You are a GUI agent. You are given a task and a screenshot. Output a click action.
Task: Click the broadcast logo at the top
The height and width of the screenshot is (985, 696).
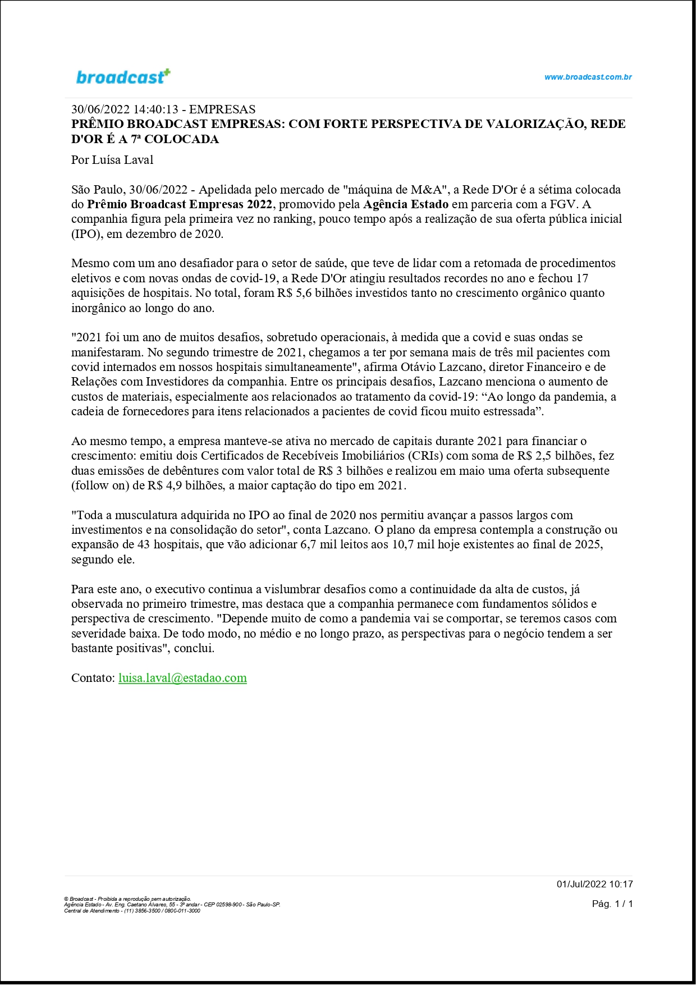123,76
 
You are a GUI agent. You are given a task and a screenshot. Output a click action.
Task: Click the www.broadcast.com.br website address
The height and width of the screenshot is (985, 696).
588,77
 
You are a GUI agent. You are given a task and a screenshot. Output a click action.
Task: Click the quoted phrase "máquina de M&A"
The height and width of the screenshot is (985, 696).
393,190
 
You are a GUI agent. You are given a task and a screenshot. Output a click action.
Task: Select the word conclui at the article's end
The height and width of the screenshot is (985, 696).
194,648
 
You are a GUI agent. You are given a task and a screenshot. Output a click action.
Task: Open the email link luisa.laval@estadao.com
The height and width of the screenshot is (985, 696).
182,678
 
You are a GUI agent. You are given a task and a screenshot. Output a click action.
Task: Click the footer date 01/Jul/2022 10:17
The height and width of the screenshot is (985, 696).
594,884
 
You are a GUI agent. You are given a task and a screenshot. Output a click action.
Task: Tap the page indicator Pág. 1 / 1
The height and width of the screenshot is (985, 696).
612,904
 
